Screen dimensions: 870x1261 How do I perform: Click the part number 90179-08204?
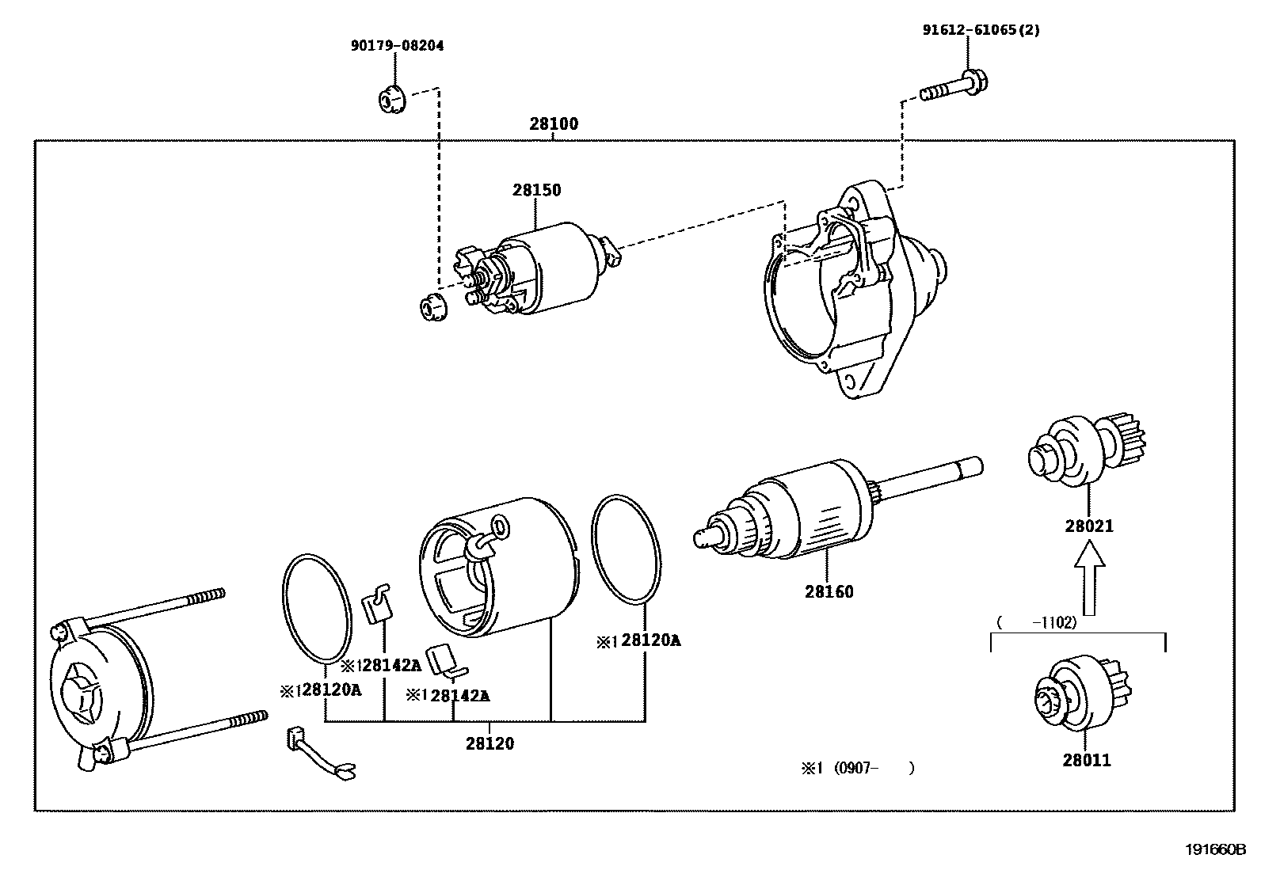tap(397, 46)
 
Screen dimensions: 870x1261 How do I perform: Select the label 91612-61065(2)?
tap(981, 30)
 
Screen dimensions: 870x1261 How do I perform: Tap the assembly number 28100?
tap(554, 123)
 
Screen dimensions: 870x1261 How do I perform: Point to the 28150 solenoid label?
tap(536, 190)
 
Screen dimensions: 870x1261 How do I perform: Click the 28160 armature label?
tap(829, 591)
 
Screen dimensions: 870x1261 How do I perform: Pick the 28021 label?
tap(1089, 526)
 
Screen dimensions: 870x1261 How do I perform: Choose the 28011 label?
tap(1087, 760)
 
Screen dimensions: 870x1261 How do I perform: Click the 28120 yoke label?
tap(490, 743)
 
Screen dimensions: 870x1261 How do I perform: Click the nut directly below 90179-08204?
tap(389, 100)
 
